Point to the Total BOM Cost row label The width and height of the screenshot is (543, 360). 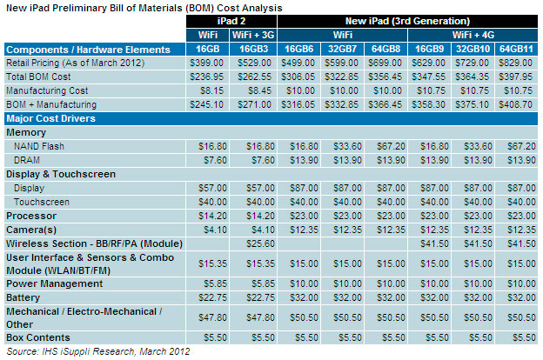point(38,77)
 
